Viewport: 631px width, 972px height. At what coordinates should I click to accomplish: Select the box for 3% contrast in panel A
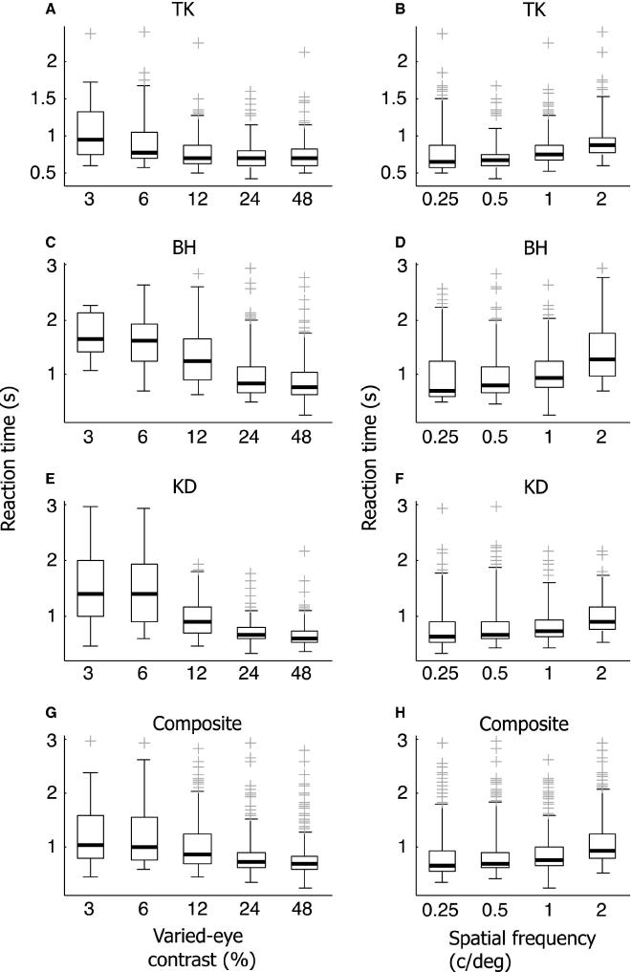point(91,146)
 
